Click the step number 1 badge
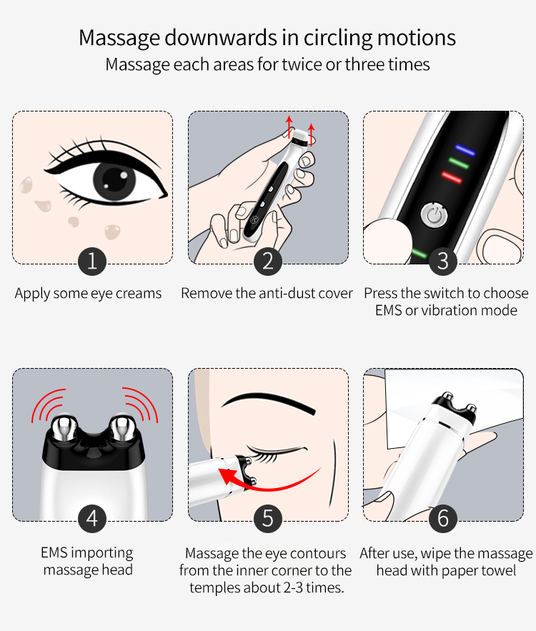coord(92,262)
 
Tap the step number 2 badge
coord(268,262)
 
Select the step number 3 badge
coord(443,262)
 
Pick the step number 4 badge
coord(92,519)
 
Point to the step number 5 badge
coord(268,519)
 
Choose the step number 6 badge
coord(443,519)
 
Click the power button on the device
coord(435,215)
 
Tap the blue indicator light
coord(465,149)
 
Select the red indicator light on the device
coord(452,177)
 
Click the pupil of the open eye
coord(114,179)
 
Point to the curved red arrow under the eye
coord(266,485)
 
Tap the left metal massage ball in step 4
coord(63,427)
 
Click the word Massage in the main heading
coord(119,38)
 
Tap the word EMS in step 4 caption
coord(54,552)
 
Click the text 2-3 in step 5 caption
coord(293,587)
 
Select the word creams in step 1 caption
coord(139,294)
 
